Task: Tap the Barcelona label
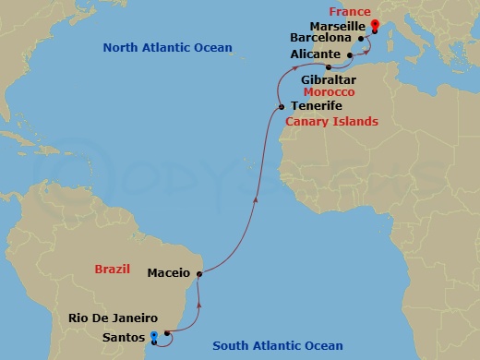click(320, 40)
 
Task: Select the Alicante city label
click(315, 54)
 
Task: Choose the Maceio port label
click(168, 273)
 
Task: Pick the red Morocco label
click(330, 93)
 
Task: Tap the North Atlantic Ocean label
click(167, 47)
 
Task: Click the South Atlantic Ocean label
click(278, 346)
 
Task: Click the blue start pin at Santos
click(153, 335)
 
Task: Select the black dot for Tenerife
click(281, 108)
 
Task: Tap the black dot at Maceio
click(199, 273)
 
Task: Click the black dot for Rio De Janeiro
click(166, 332)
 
